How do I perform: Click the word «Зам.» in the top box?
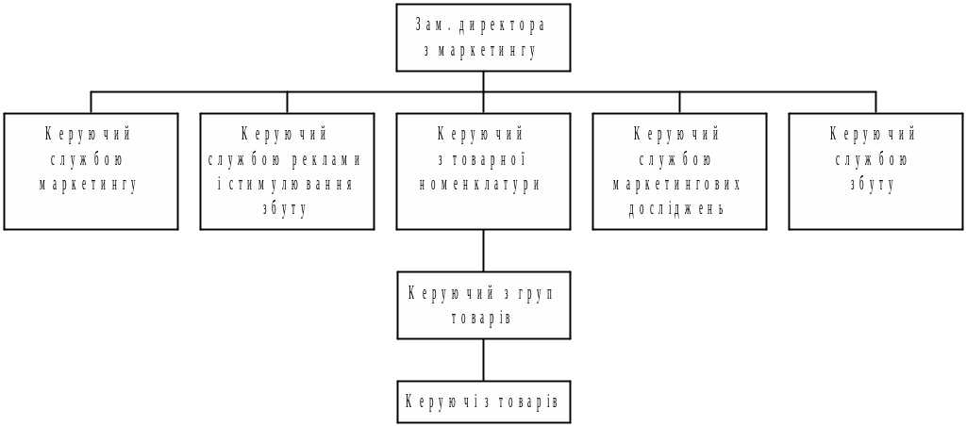click(x=431, y=25)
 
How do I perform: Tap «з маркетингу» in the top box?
click(x=482, y=51)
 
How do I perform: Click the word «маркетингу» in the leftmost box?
click(x=90, y=185)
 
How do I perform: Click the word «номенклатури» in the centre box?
click(x=482, y=185)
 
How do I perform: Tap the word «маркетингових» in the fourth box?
click(x=678, y=185)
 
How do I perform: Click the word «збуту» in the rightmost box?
click(x=874, y=185)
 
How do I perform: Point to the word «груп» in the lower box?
click(x=534, y=293)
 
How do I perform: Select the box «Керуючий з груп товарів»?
click(x=483, y=305)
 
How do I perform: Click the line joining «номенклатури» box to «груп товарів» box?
click(x=483, y=251)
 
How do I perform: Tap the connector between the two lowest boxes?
click(x=483, y=359)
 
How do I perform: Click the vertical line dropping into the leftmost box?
click(x=92, y=103)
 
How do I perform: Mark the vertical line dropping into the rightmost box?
click(x=875, y=103)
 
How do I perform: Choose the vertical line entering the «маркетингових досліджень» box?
click(x=679, y=103)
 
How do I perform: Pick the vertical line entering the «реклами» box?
click(x=287, y=103)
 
